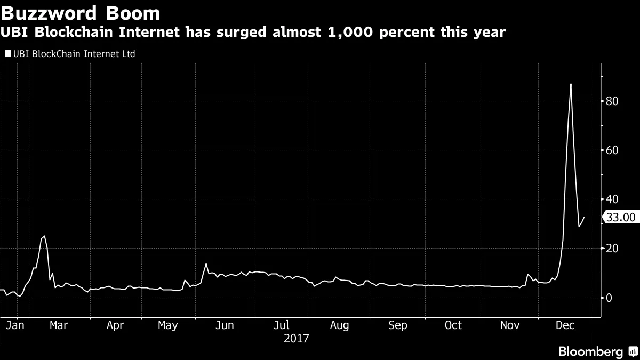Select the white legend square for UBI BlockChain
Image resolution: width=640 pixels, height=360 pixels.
point(7,54)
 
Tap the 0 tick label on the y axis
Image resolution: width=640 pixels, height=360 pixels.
point(608,298)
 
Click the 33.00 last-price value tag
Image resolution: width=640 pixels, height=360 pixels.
point(621,217)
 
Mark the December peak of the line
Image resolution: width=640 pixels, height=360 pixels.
point(571,84)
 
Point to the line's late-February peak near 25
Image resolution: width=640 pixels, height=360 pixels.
point(44,236)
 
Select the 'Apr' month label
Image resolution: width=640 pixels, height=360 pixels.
point(115,325)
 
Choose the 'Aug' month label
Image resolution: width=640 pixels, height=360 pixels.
point(339,325)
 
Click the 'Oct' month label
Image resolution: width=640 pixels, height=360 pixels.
point(453,325)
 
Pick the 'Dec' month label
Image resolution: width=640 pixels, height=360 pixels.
point(565,325)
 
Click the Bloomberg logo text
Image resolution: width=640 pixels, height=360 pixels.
point(590,351)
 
